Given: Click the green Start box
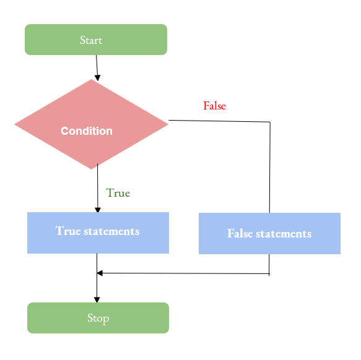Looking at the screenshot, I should pyautogui.click(x=96, y=40).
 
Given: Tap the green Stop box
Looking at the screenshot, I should pyautogui.click(x=98, y=318).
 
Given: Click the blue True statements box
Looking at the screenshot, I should pyautogui.click(x=98, y=233).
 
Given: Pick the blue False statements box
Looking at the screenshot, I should pyautogui.click(x=269, y=233).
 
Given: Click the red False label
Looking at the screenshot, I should pyautogui.click(x=214, y=106).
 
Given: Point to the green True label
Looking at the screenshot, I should pyautogui.click(x=118, y=193).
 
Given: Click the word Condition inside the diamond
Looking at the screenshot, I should pyautogui.click(x=87, y=131).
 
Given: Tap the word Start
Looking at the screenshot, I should pyautogui.click(x=91, y=40).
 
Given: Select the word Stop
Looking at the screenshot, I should pyautogui.click(x=98, y=319).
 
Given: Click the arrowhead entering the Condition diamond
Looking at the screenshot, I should pyautogui.click(x=97, y=75).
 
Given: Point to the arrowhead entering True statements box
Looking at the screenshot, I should pyautogui.click(x=97, y=210).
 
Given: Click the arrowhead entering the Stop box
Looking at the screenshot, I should pyautogui.click(x=97, y=299).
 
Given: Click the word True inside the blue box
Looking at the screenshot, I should pyautogui.click(x=68, y=231).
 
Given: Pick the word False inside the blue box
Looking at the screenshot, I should pyautogui.click(x=240, y=233).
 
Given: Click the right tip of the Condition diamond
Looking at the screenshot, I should pyautogui.click(x=168, y=124).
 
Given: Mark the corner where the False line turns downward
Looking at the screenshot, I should pyautogui.click(x=270, y=122).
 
